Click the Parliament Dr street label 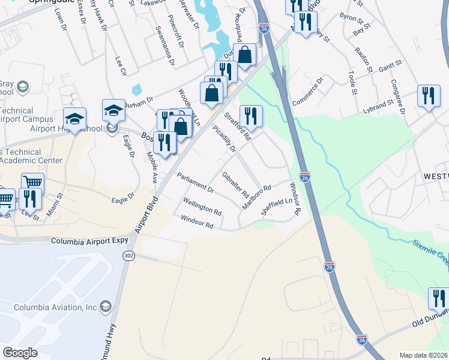tap(196, 183)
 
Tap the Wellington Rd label tap(202, 207)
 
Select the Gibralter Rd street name tap(235, 185)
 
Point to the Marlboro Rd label tap(257, 197)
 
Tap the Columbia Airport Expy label tap(90, 241)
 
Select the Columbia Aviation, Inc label tap(56, 307)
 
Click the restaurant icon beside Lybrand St tap(428, 97)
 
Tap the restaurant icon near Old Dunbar tap(439, 298)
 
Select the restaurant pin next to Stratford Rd tap(251, 116)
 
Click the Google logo tap(20, 353)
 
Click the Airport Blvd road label tap(145, 215)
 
